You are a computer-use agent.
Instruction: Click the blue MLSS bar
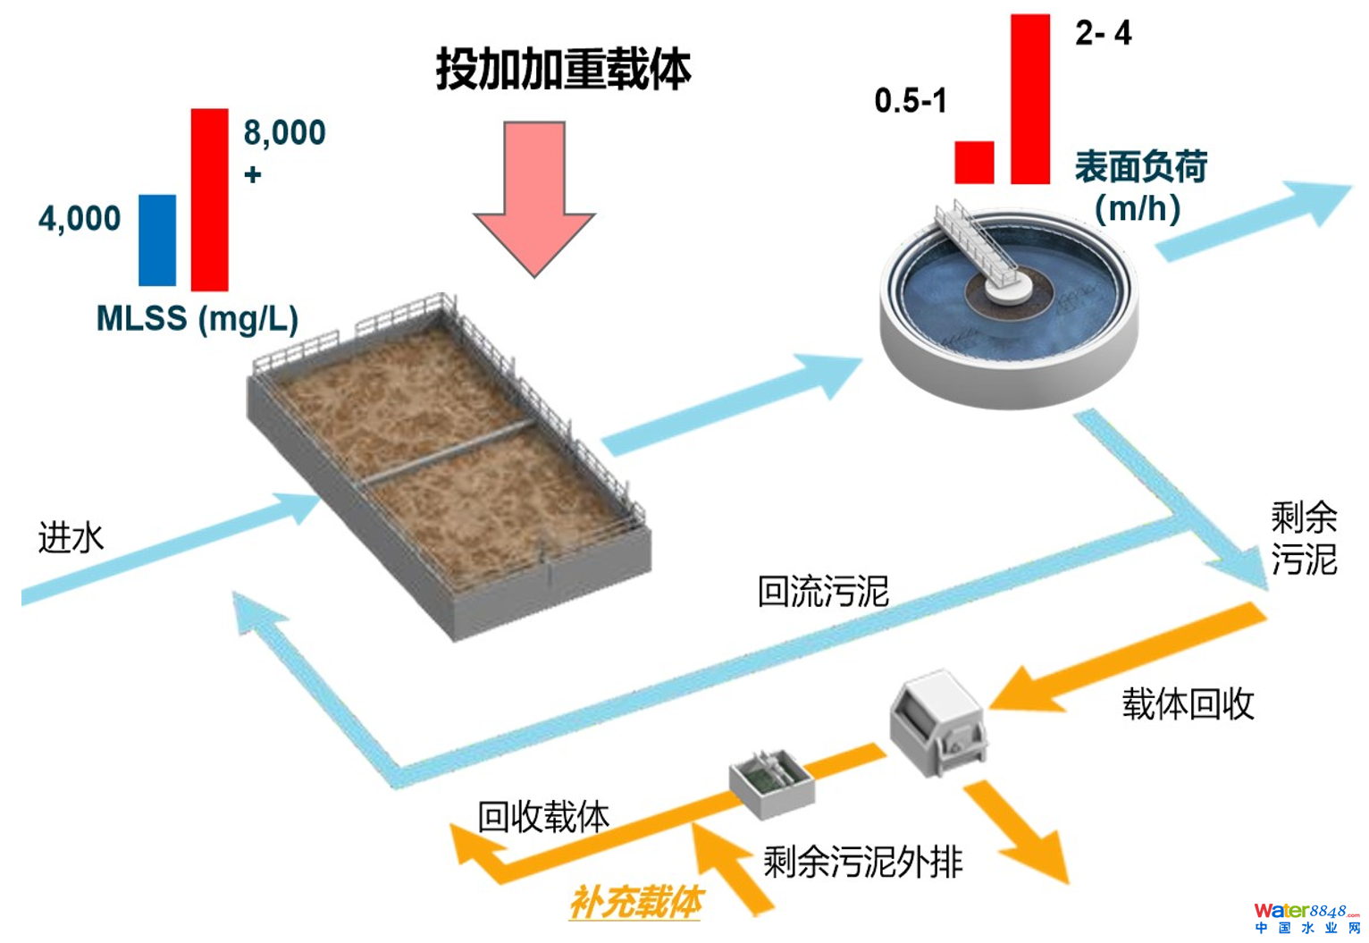(157, 240)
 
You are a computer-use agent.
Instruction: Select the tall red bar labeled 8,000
(209, 199)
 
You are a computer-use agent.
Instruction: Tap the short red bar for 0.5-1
(974, 162)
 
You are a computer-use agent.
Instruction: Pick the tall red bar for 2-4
(1029, 99)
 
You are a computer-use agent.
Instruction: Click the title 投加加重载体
(563, 70)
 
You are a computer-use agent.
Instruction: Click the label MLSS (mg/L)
(197, 319)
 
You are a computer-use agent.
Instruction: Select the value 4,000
(80, 218)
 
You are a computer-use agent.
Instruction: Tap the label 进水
(71, 537)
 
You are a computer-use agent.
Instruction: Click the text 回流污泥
(822, 591)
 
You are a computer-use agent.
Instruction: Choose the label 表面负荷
(1140, 166)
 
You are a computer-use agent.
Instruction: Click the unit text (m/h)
(1138, 208)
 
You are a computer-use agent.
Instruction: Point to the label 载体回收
(1188, 704)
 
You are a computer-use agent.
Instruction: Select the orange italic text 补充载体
(636, 902)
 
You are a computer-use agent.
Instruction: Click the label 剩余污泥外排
(862, 862)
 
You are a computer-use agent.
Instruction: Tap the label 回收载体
(543, 816)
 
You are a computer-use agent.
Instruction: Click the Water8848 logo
(1306, 917)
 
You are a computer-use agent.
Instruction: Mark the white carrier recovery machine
(937, 723)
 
